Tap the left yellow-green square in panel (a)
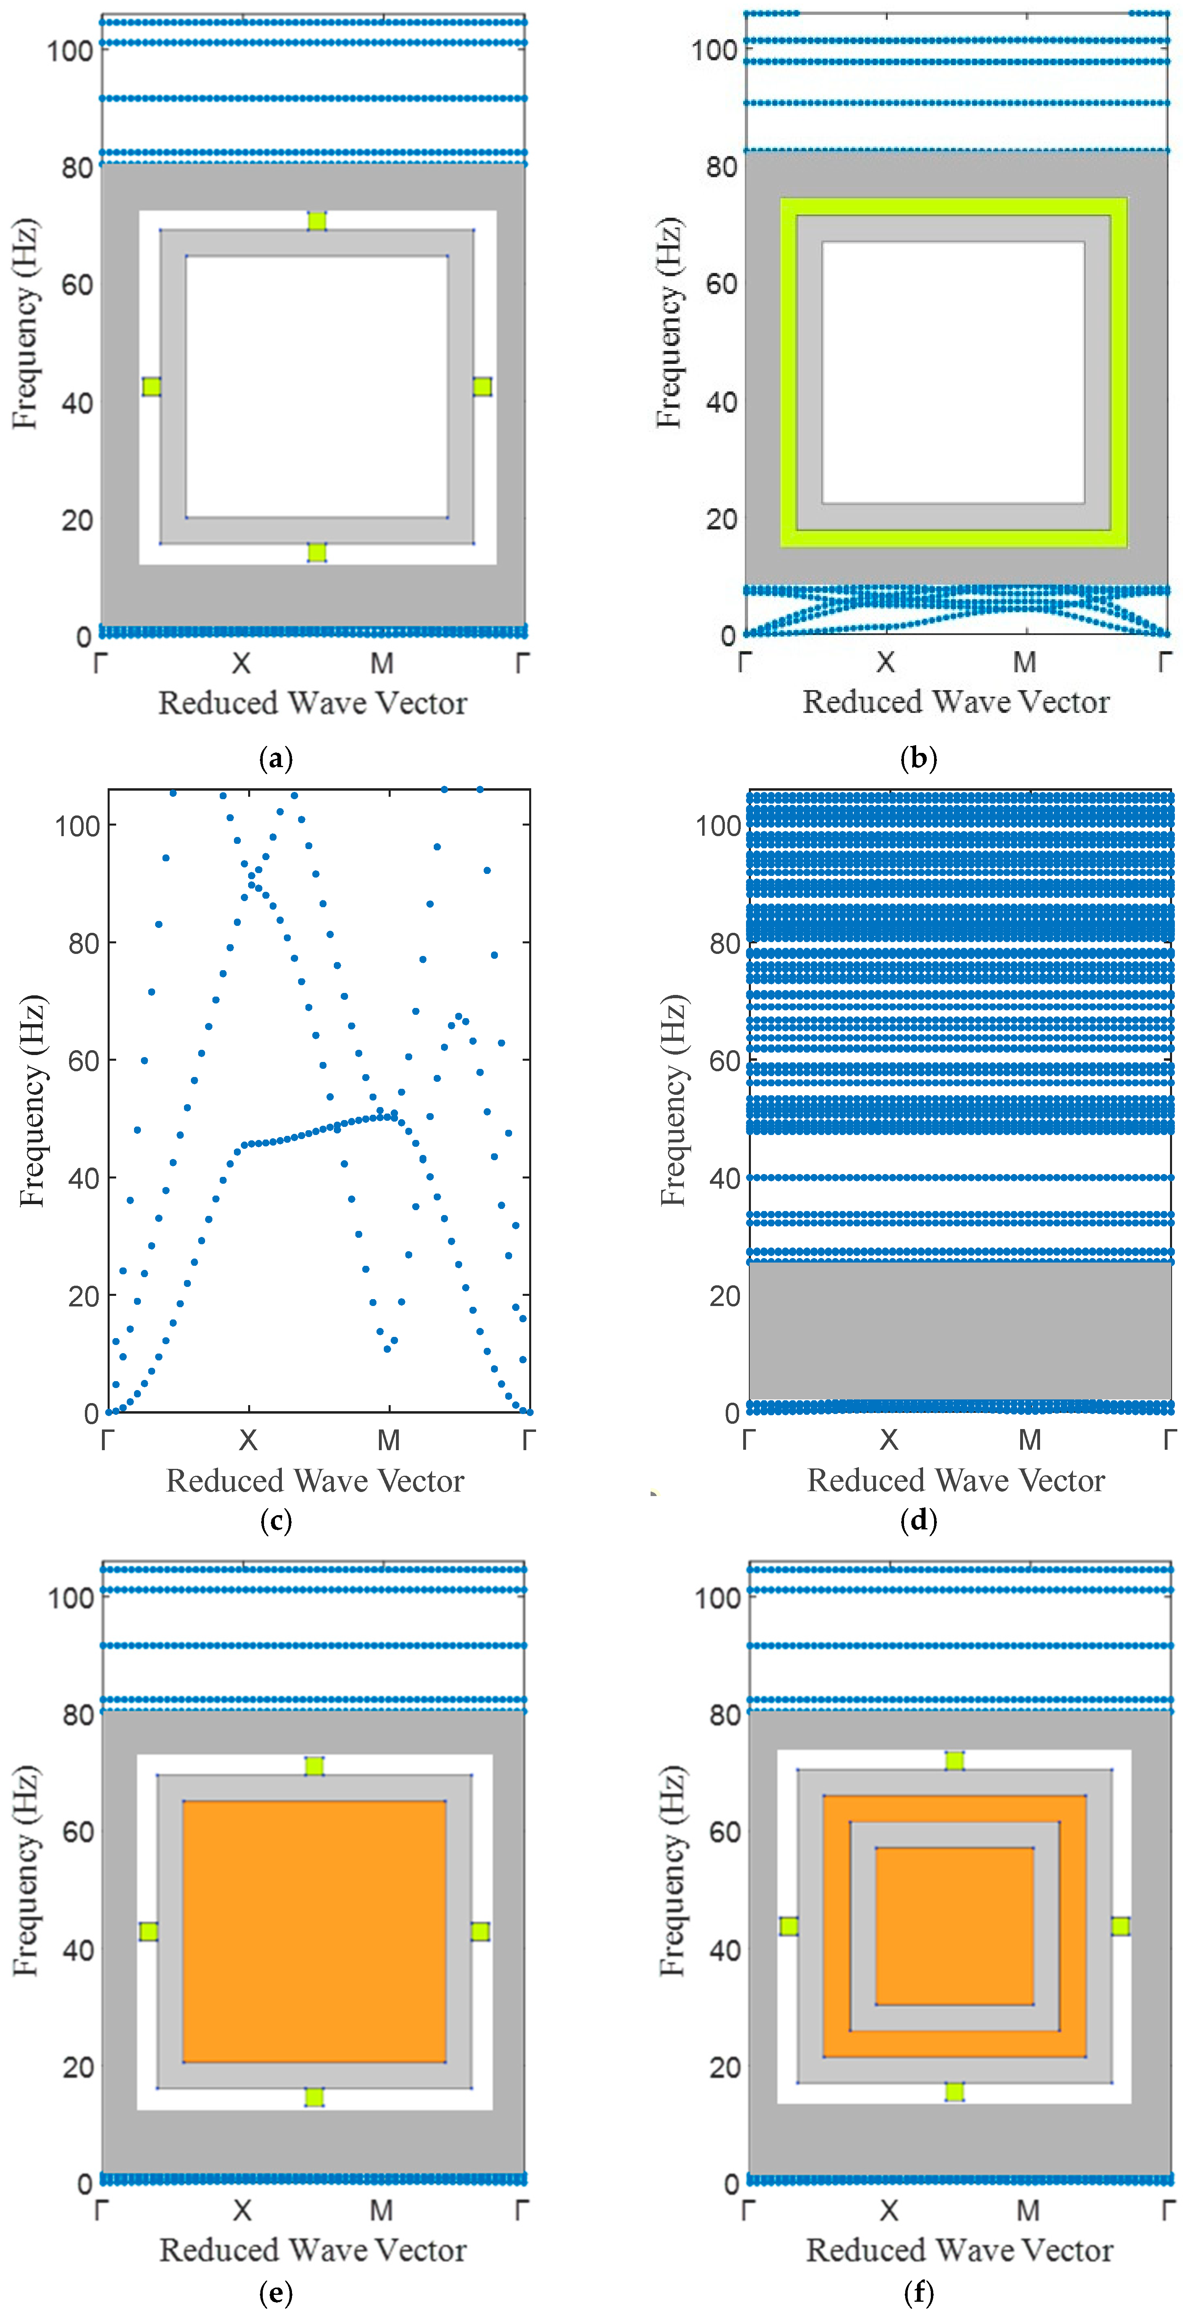tap(151, 387)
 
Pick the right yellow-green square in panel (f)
tap(1120, 1927)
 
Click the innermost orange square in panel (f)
tap(954, 1927)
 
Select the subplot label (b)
tap(919, 759)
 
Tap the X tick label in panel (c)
tap(248, 1441)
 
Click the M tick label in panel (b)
tap(1025, 663)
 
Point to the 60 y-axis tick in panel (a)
tap(78, 285)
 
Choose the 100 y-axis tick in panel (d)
tap(718, 826)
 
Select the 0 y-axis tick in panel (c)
tap(91, 1414)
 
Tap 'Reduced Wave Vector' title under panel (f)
tap(959, 2251)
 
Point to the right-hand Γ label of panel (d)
tap(1169, 1441)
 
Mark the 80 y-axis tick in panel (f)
tap(724, 1715)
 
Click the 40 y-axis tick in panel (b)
tap(722, 402)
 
